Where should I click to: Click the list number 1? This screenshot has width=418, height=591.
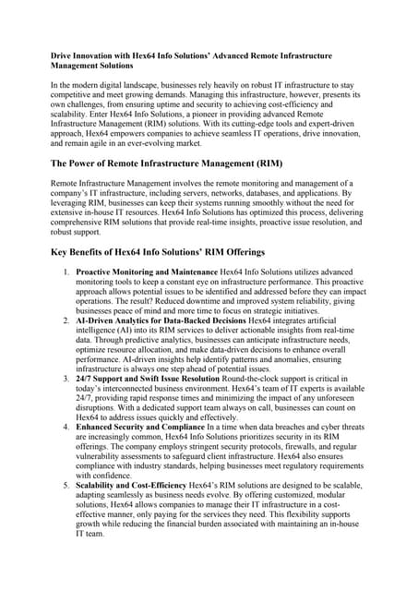tap(65, 273)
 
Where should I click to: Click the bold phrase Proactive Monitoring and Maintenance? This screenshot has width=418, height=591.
tap(146, 273)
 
